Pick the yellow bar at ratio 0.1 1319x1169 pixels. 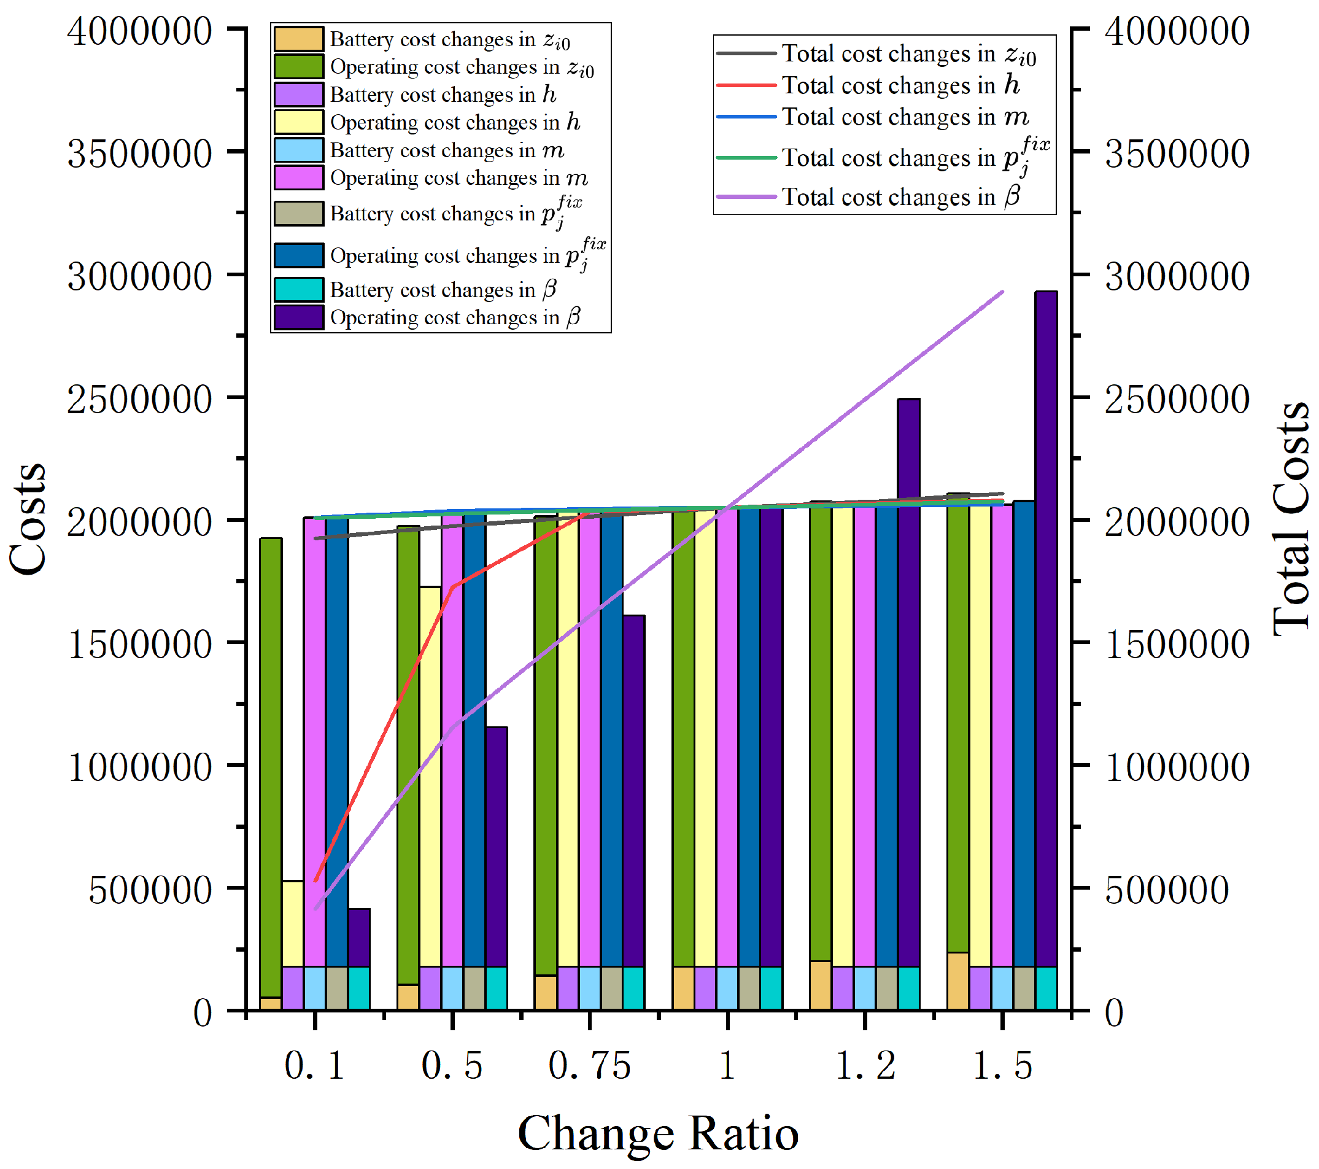click(293, 923)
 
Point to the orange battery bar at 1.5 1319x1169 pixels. click(958, 980)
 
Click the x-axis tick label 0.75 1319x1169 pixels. click(589, 1065)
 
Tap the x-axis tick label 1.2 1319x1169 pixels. click(865, 1065)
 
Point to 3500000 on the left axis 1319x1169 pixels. click(139, 153)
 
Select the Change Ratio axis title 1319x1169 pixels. click(658, 1133)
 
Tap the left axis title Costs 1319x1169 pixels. click(28, 519)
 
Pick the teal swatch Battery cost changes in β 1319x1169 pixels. click(298, 289)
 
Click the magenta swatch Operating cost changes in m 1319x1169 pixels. click(298, 177)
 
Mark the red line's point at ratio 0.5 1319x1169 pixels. click(453, 587)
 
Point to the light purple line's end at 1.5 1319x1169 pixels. click(1002, 292)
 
